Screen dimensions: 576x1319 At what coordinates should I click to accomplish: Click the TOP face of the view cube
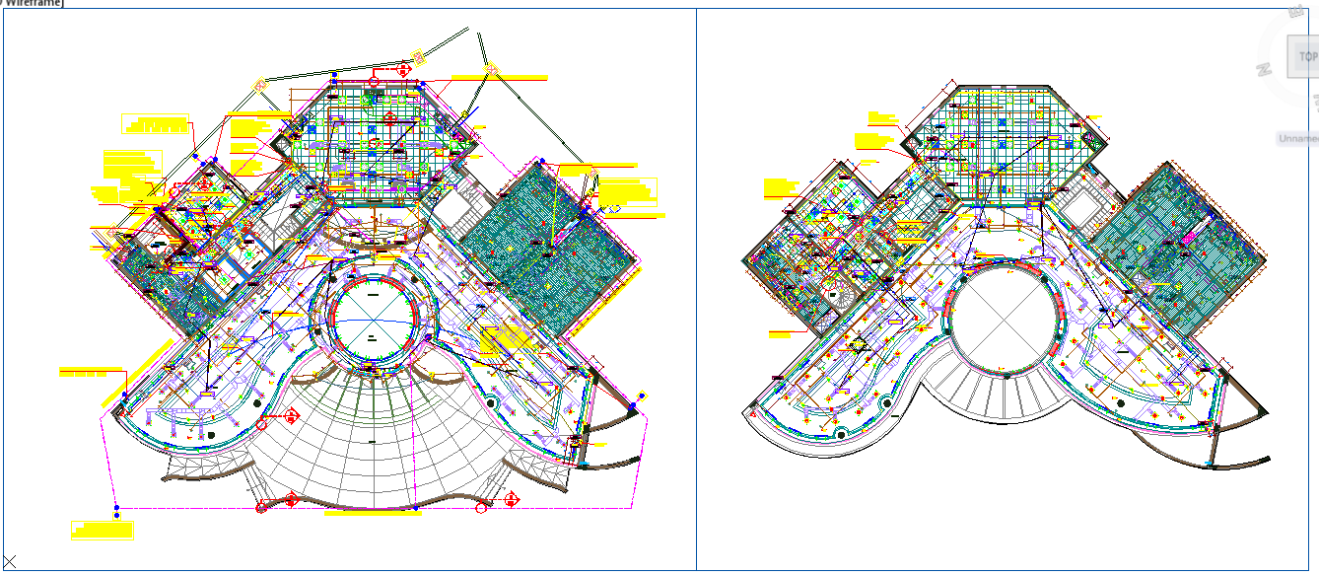[x=1305, y=57]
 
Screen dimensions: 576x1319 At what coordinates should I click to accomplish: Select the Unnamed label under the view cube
[x=1297, y=139]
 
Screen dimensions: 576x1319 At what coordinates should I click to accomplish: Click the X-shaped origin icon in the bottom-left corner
[x=10, y=562]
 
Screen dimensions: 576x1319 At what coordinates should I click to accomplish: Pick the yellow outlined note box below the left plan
[x=102, y=530]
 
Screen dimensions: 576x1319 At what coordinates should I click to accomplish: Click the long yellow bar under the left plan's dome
[x=366, y=514]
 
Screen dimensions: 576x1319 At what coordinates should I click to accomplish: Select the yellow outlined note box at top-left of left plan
[x=155, y=123]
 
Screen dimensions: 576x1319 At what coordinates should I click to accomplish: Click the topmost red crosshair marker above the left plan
[x=403, y=68]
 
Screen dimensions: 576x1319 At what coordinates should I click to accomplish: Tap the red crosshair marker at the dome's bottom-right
[x=512, y=500]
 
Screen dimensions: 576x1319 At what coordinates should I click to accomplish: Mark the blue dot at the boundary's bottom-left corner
[x=116, y=514]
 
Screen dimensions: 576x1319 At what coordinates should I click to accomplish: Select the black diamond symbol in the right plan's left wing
[x=858, y=344]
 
